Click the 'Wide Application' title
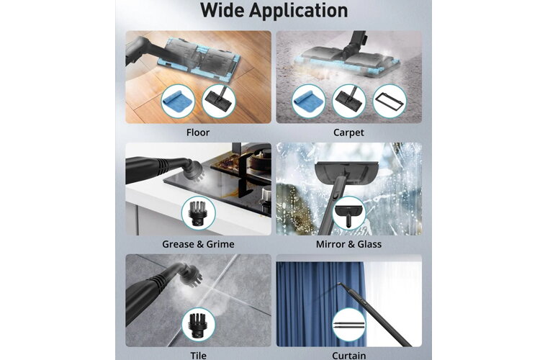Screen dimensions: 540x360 274,10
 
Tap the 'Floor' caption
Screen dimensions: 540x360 198,132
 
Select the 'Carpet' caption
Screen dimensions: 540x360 348,132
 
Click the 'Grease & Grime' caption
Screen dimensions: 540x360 198,244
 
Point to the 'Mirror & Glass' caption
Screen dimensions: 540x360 348,244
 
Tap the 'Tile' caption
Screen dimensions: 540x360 199,355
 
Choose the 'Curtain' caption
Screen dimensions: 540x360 349,355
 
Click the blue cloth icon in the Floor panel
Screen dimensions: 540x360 178,102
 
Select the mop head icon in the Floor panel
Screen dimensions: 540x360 218,102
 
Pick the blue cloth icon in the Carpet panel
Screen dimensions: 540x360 309,102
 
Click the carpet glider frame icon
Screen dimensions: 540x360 390,102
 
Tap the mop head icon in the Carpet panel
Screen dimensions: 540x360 349,102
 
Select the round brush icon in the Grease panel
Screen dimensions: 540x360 199,214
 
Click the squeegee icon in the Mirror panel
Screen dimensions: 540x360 349,214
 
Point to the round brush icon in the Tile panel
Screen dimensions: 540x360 199,325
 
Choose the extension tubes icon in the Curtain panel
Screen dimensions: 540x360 349,325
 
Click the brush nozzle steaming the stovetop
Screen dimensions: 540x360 194,170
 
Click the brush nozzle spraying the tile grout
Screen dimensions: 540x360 192,274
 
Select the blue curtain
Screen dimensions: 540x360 320,304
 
